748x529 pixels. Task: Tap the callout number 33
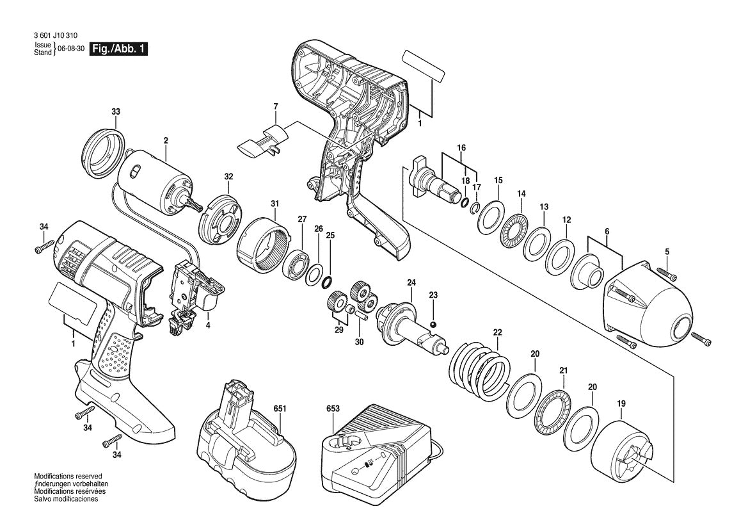115,112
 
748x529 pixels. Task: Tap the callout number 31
275,204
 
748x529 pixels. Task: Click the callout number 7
276,106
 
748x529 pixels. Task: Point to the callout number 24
411,282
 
